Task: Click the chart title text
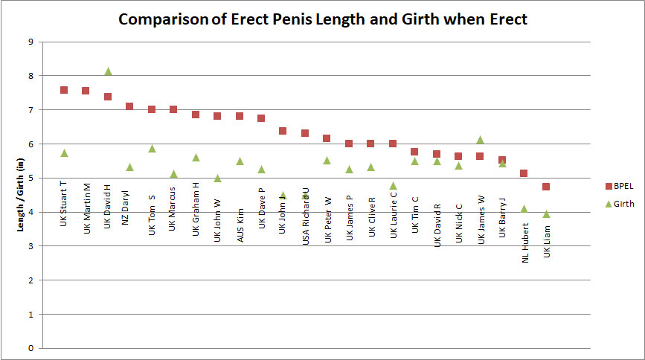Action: click(322, 19)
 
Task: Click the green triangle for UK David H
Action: click(108, 71)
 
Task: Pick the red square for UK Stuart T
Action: click(64, 90)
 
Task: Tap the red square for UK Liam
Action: click(546, 187)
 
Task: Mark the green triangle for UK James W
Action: click(480, 140)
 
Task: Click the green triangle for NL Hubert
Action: click(524, 209)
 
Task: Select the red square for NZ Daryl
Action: click(129, 106)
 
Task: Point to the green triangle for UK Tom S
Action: click(152, 149)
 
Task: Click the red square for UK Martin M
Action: click(86, 91)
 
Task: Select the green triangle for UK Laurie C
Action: click(393, 186)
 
